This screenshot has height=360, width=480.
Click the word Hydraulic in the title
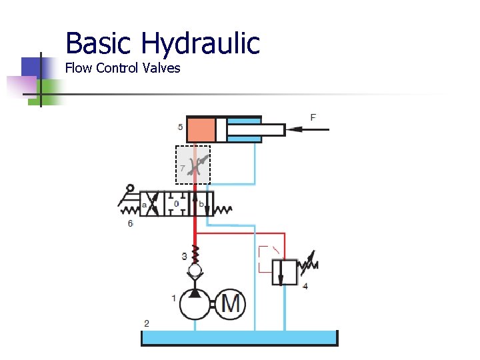point(200,45)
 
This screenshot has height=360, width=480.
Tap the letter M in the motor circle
point(231,304)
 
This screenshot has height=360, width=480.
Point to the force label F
point(313,117)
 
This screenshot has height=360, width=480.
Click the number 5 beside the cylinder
point(181,127)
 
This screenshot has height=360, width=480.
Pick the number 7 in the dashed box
point(181,168)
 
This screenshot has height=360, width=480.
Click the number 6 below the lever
point(130,223)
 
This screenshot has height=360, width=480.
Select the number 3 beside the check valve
point(184,256)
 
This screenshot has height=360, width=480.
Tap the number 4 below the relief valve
point(305,286)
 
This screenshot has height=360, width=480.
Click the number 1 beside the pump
point(174,298)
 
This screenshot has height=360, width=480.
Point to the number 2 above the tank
point(147,323)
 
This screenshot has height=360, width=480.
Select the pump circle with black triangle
point(195,304)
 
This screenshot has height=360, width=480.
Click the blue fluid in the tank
point(240,338)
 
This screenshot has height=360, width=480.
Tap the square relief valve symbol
point(285,271)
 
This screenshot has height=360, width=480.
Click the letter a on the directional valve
point(145,205)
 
